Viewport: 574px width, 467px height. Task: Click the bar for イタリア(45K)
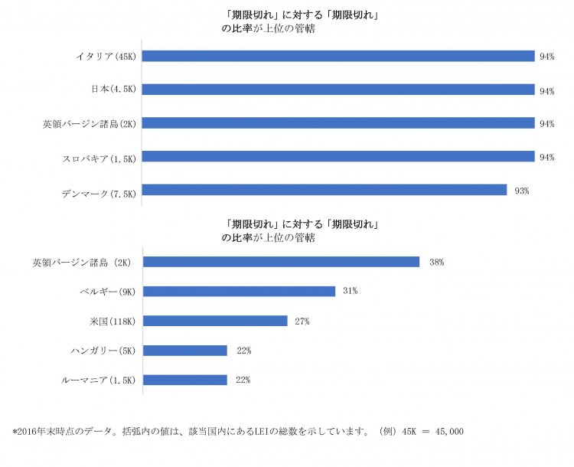pos(338,56)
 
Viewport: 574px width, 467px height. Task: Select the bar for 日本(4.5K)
pos(338,90)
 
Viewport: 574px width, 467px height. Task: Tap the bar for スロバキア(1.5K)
pos(338,157)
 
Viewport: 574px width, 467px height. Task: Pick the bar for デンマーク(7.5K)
pos(325,190)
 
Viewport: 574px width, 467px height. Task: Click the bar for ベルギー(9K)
pos(240,291)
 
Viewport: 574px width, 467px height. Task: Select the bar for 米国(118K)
pos(215,321)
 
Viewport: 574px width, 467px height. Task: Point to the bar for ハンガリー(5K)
pos(185,351)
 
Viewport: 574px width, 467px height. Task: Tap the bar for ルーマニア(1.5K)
pos(185,380)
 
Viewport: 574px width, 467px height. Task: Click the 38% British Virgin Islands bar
pos(282,262)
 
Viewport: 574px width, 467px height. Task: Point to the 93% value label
pos(522,191)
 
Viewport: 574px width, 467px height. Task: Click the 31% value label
pos(351,292)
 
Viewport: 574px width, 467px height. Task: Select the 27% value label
pos(302,322)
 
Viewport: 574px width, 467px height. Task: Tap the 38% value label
pos(436,263)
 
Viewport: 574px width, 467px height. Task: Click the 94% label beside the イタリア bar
pos(546,57)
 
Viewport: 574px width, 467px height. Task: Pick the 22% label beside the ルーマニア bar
pos(243,380)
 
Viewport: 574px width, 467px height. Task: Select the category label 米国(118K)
pos(111,321)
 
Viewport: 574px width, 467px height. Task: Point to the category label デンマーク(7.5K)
pos(99,191)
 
